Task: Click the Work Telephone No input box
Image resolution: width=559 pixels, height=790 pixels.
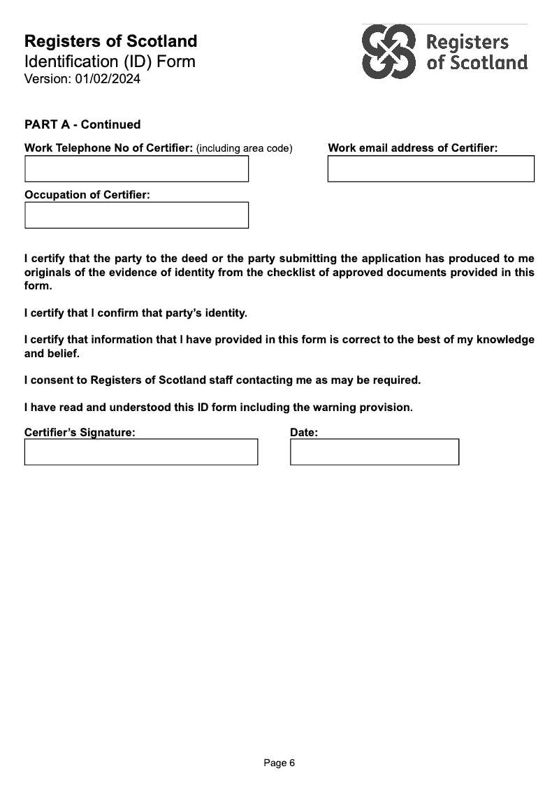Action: (x=136, y=168)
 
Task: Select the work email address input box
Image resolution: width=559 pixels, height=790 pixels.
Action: (x=430, y=168)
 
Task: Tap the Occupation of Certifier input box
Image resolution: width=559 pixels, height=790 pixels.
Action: (x=136, y=215)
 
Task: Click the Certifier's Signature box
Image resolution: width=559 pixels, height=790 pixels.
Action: (x=140, y=452)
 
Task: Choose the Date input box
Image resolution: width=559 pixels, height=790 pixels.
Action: (x=375, y=452)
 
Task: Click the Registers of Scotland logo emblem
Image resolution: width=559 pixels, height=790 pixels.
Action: (x=389, y=52)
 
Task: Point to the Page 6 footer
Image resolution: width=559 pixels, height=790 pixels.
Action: (x=279, y=763)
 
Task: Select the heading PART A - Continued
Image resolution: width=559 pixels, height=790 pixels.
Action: (x=82, y=124)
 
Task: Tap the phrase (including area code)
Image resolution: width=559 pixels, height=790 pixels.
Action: (x=244, y=148)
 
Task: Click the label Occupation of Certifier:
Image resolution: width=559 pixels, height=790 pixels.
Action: (x=87, y=194)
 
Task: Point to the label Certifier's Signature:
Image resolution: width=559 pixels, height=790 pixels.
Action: (x=80, y=432)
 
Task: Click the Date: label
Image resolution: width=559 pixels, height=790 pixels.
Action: (x=304, y=432)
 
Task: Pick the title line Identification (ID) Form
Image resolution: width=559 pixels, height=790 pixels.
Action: (x=110, y=62)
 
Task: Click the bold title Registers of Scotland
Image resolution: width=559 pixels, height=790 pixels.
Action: (x=110, y=41)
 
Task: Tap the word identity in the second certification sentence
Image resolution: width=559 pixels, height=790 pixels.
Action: (x=224, y=313)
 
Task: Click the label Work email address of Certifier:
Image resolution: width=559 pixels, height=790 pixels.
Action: (x=412, y=148)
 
